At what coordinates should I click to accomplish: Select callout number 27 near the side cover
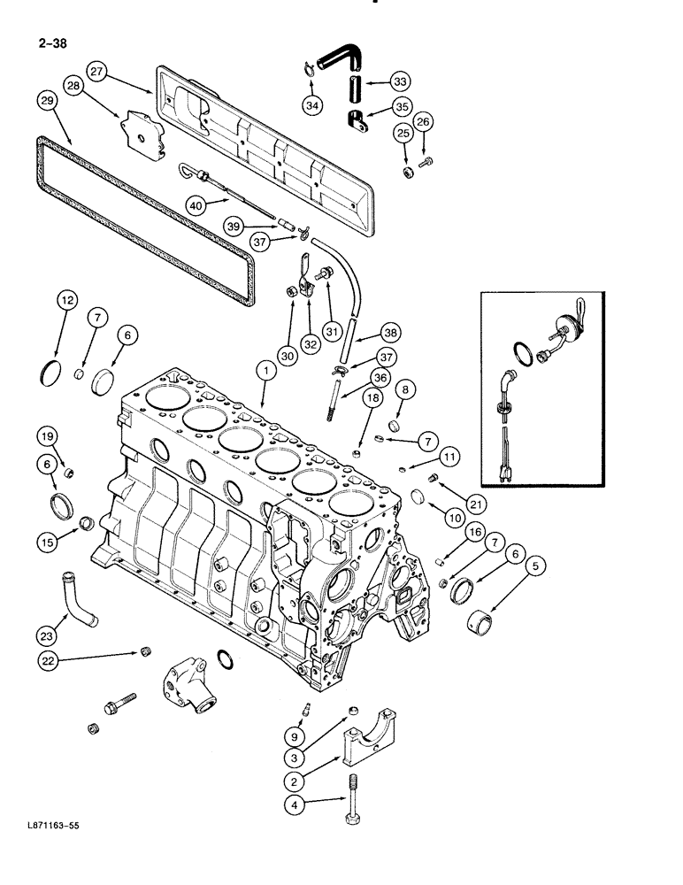pyautogui.click(x=98, y=71)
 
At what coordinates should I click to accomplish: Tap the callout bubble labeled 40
pyautogui.click(x=196, y=205)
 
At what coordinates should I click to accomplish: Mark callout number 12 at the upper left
pyautogui.click(x=66, y=301)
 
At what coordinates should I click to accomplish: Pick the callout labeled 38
pyautogui.click(x=390, y=334)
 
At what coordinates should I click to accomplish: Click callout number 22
pyautogui.click(x=50, y=659)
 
